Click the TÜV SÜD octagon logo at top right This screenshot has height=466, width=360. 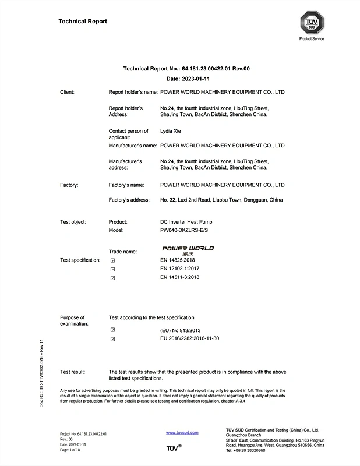pos(311,23)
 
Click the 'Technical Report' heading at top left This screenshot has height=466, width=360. pos(83,22)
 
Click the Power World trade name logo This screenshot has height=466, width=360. pos(188,249)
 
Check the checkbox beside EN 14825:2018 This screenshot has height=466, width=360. pos(112,260)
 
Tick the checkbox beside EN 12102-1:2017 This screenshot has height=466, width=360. pos(112,269)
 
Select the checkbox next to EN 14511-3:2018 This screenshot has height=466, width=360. pos(112,278)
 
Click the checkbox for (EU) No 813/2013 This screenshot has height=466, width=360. pos(112,330)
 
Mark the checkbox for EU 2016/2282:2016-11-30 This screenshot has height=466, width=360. pos(112,338)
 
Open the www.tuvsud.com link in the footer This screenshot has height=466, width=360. pos(182,433)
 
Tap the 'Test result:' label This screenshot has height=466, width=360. pos(73,372)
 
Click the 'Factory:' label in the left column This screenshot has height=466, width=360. pos(69,185)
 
